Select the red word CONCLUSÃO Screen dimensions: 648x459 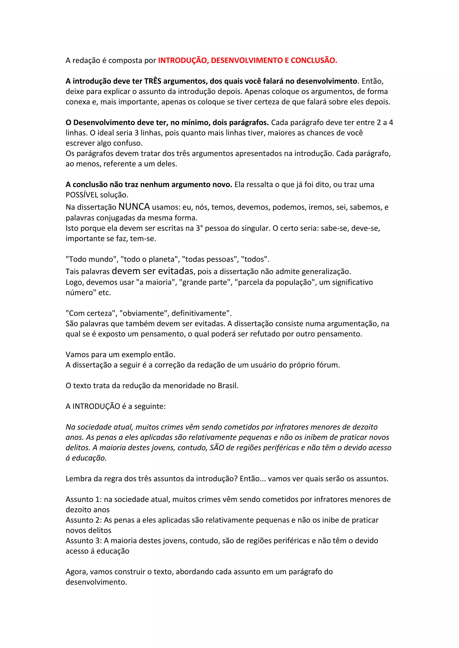314,60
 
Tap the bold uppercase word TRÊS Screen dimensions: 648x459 153,81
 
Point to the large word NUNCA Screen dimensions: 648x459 134,207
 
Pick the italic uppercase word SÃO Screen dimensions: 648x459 217,448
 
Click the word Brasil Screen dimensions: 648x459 228,386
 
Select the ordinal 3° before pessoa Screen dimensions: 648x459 199,228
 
